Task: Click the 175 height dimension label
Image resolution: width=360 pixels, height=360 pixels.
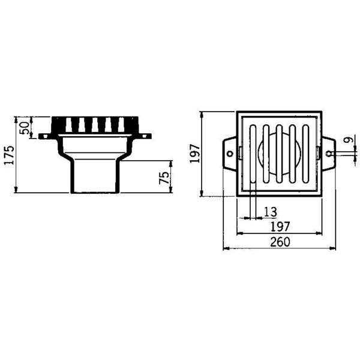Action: [10, 155]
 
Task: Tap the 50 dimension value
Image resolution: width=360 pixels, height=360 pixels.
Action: [25, 128]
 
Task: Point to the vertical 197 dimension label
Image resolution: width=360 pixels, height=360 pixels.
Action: [195, 154]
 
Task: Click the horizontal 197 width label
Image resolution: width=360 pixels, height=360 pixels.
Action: [280, 227]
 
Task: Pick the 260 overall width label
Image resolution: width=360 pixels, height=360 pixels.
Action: [280, 242]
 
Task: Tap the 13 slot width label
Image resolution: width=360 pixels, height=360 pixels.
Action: [271, 212]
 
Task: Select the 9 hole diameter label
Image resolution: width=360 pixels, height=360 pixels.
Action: [349, 140]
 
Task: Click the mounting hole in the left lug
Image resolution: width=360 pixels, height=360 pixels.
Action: [230, 154]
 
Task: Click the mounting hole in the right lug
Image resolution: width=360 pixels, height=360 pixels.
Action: [329, 154]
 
